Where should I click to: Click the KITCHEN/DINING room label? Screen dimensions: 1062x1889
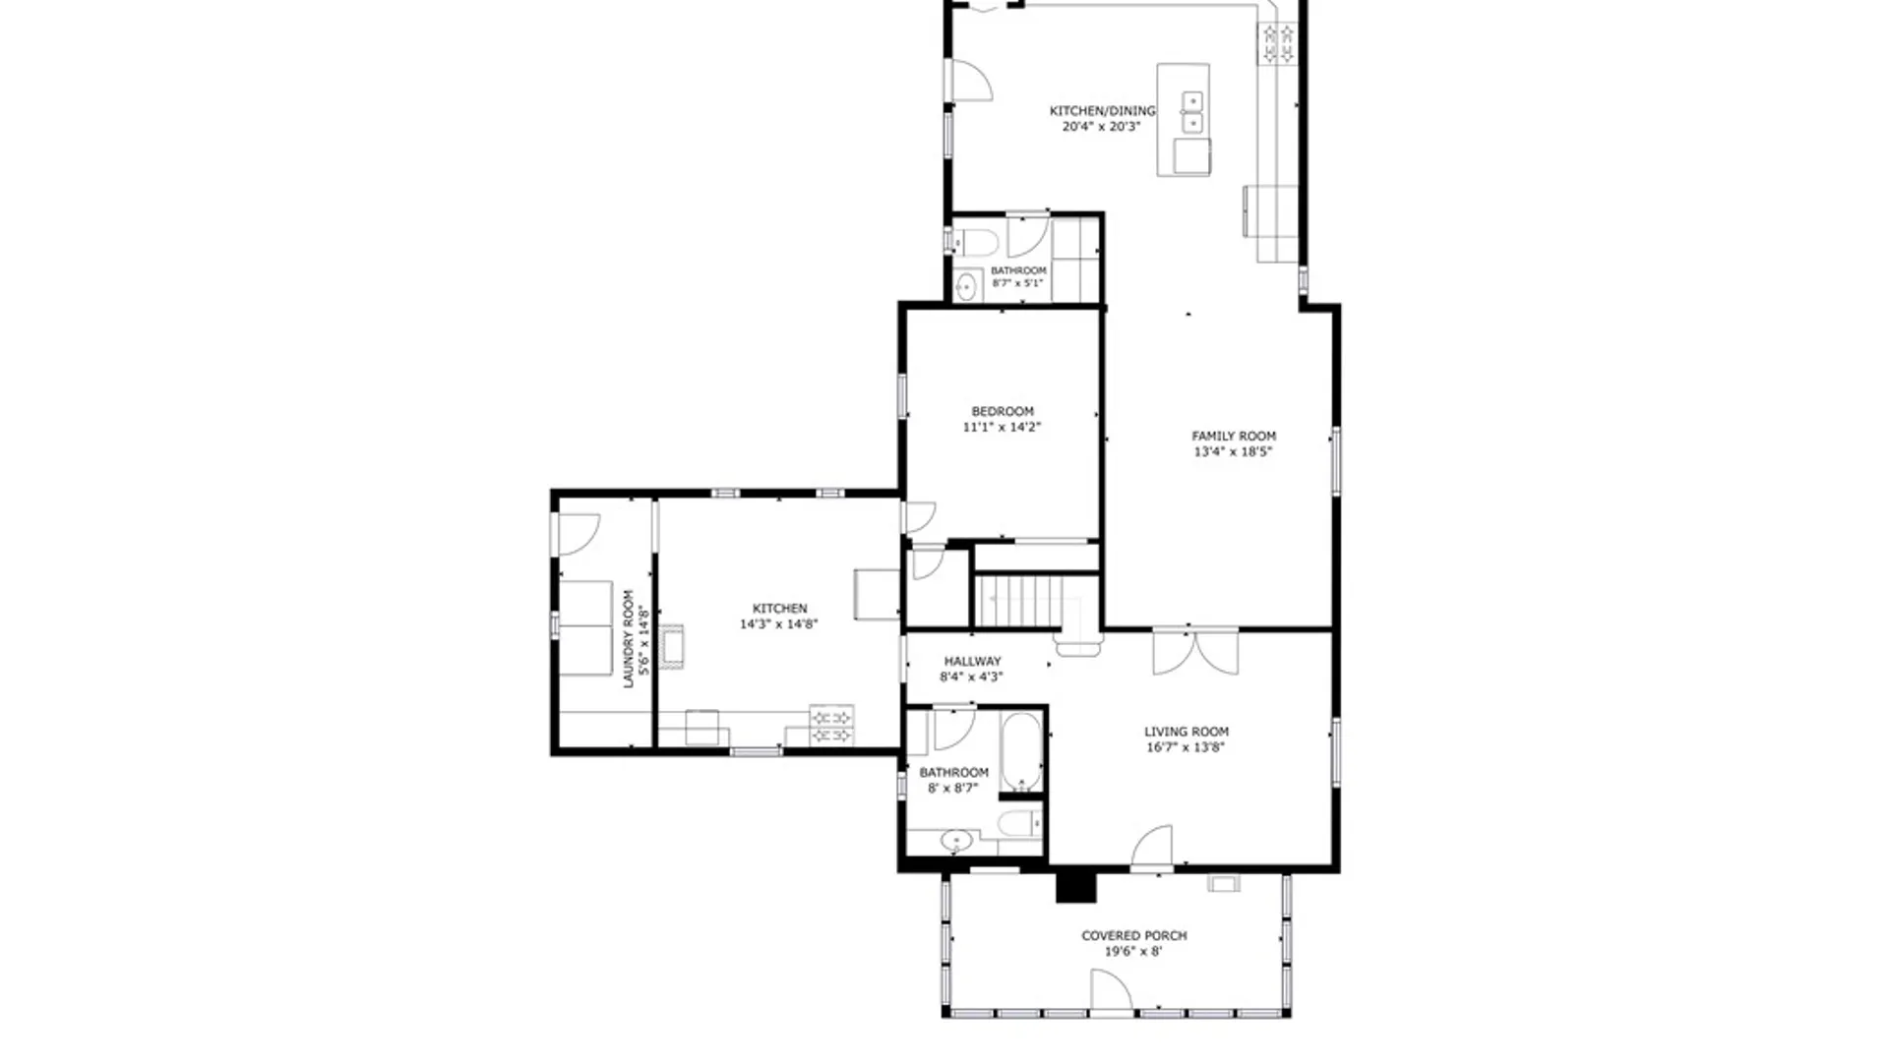[1101, 111]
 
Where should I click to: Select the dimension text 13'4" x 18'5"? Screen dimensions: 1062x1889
[1233, 452]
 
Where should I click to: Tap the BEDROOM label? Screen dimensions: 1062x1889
[1003, 411]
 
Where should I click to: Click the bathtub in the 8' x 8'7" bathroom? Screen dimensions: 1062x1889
[1021, 752]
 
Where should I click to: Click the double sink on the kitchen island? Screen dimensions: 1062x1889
[1191, 111]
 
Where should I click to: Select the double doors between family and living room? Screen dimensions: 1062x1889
[1195, 652]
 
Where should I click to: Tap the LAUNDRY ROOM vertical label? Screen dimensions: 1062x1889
[629, 638]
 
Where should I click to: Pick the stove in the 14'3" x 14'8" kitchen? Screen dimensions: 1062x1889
[830, 726]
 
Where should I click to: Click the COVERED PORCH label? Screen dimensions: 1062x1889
[1133, 935]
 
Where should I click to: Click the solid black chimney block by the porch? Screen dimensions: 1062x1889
[1075, 885]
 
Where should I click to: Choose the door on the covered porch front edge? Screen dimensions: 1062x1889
[1111, 991]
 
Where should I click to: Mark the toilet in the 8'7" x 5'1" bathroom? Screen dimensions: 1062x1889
[977, 241]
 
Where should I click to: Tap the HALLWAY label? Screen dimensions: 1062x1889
[972, 662]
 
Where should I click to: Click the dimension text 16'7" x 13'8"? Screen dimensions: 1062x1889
[1186, 747]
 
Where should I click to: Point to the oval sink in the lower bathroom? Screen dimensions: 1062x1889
[956, 841]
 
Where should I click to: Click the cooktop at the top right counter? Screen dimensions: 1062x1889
[1278, 44]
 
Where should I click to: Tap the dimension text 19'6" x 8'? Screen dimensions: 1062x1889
[1133, 952]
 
